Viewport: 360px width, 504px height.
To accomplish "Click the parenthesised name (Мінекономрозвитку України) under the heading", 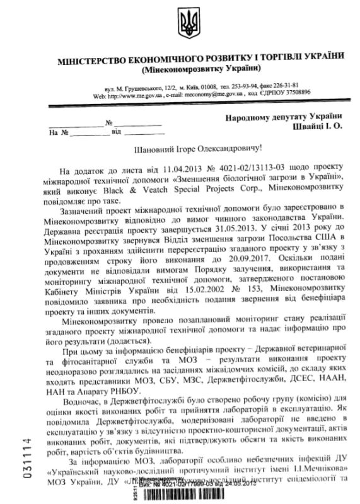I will [200, 68].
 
